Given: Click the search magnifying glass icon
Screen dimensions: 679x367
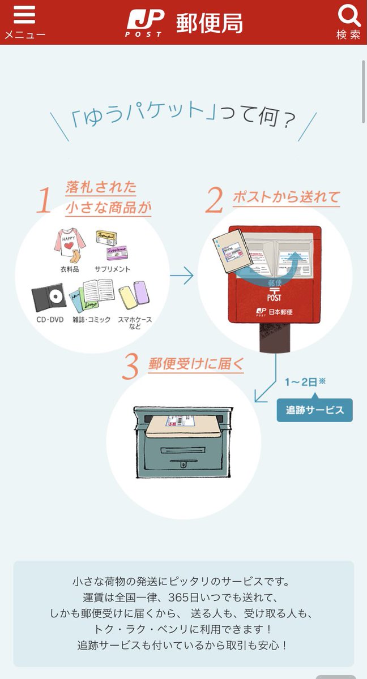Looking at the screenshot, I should click(x=348, y=15).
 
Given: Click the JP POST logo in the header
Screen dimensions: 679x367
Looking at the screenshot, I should click(x=145, y=23).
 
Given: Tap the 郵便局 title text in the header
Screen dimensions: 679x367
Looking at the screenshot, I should click(x=210, y=23).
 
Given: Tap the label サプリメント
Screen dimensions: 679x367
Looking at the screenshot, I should click(x=112, y=269).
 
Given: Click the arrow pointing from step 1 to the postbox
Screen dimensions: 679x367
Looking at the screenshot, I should click(x=181, y=277).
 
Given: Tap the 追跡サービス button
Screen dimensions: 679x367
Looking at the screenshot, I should click(x=314, y=410).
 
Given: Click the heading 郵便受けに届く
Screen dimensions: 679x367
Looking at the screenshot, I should click(x=196, y=364).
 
